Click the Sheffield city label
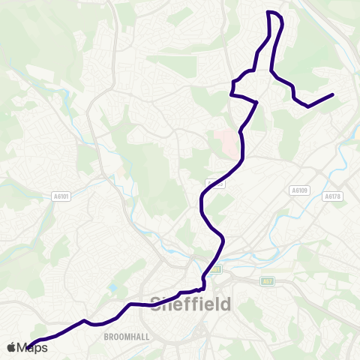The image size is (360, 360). click(191, 304)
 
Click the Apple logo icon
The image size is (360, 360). click(12, 347)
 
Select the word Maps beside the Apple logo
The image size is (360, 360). click(33, 347)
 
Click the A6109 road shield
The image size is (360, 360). click(300, 190)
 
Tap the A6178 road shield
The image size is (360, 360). click(334, 196)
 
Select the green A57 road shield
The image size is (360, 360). click(267, 280)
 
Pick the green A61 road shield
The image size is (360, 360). click(216, 268)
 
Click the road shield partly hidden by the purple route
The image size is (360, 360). click(214, 183)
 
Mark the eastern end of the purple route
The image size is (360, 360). click(332, 94)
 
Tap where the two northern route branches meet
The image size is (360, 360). click(257, 101)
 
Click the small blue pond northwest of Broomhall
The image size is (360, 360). click(112, 287)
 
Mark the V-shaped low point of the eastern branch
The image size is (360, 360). click(308, 106)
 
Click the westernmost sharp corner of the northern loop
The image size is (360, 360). click(231, 94)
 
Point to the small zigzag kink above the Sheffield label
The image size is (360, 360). click(202, 286)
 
